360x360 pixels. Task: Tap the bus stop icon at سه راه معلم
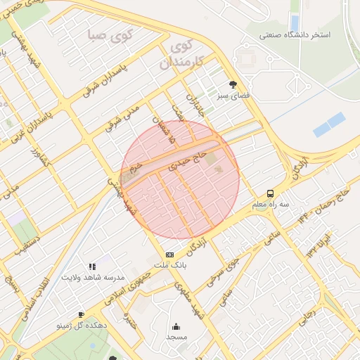(x=271, y=193)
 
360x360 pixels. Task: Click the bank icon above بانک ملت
(x=169, y=255)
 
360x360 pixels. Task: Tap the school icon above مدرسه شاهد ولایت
(x=92, y=266)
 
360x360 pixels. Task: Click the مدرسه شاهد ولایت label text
(x=88, y=277)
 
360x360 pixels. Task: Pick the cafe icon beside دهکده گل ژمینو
(x=82, y=314)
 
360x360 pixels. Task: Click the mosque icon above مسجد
(x=175, y=326)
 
